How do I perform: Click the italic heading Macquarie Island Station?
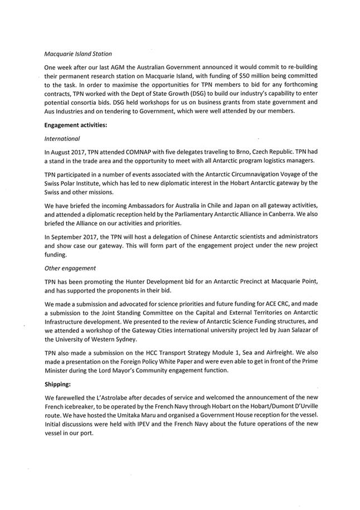78,54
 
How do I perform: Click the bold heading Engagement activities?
75,125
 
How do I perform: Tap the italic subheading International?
62,138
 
